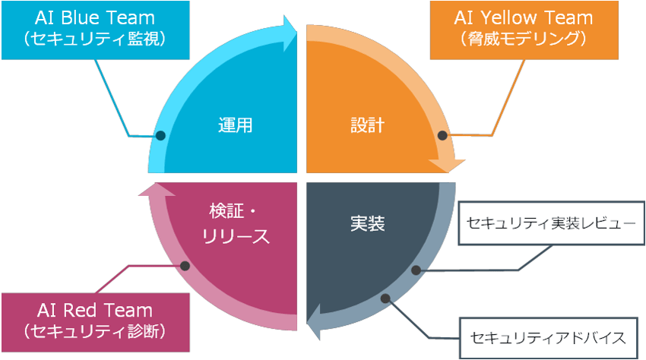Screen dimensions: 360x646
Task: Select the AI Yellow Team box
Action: (523, 29)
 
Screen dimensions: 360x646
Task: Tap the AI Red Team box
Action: (94, 320)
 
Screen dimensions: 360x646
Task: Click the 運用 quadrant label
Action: (234, 125)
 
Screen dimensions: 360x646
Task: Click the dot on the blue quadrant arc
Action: (160, 136)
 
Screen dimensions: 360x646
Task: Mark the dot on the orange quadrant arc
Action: (442, 135)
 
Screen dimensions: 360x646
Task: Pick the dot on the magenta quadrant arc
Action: (185, 265)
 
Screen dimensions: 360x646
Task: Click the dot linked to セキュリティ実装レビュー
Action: (416, 270)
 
